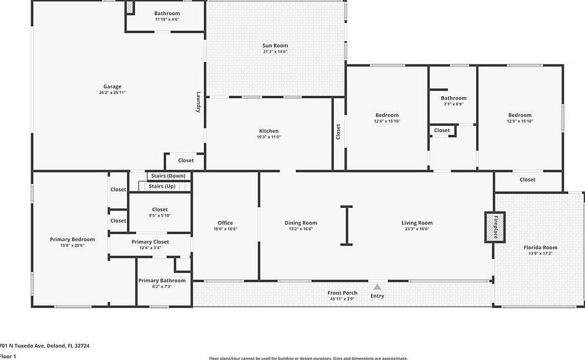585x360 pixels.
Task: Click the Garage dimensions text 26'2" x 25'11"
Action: [113, 93]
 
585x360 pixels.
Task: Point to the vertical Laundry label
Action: [198, 103]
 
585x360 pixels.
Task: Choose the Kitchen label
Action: [268, 131]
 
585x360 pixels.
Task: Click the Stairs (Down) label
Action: [166, 176]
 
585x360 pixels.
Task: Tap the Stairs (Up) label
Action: [162, 187]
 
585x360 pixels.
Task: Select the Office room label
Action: [225, 223]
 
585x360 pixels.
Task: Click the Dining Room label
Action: [300, 223]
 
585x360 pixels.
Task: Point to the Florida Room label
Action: [540, 247]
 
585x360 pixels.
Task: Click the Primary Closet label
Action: [150, 242]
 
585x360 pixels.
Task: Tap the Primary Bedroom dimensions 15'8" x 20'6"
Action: [73, 245]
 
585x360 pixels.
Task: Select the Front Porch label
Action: [342, 293]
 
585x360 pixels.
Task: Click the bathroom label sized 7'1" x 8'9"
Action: [453, 98]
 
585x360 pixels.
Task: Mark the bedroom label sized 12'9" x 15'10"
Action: [519, 115]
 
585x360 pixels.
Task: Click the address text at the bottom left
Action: [45, 345]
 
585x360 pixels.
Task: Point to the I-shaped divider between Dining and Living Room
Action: [346, 225]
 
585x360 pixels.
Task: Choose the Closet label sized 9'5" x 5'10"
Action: [160, 210]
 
